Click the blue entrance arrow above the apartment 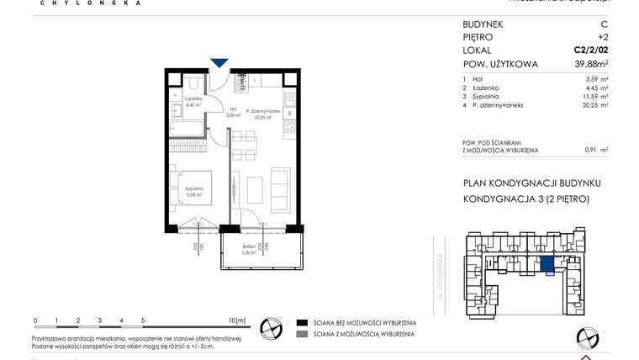tap(219, 63)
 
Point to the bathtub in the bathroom tap(184, 130)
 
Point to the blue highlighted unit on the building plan tap(547, 266)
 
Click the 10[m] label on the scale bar tap(236, 320)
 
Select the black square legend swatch tap(301, 323)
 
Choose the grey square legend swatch tap(301, 335)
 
